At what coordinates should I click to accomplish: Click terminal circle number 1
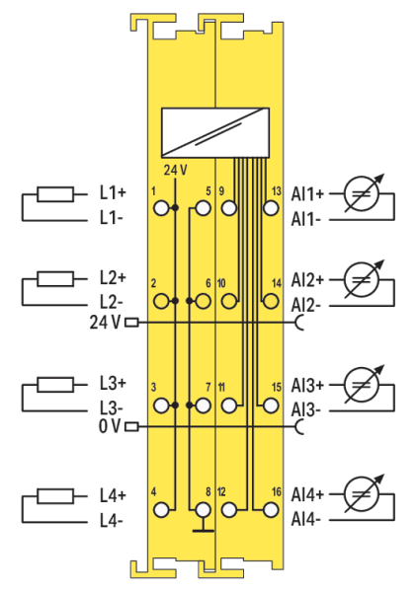click(x=161, y=208)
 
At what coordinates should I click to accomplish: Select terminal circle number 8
click(x=203, y=510)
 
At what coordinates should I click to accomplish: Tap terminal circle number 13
click(x=271, y=208)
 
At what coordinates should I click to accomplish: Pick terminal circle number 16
click(x=271, y=510)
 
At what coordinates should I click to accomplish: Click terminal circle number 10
click(x=228, y=301)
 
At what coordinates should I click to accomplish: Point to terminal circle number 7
click(x=203, y=406)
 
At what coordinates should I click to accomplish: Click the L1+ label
click(x=113, y=193)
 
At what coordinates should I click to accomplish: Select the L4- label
click(x=111, y=521)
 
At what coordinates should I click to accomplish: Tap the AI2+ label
click(x=307, y=280)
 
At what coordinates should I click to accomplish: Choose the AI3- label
click(x=305, y=410)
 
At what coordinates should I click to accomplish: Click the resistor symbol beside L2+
click(x=55, y=278)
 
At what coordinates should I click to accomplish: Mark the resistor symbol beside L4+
click(x=55, y=495)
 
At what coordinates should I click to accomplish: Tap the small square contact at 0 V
click(x=131, y=426)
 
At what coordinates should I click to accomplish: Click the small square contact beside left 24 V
click(x=131, y=323)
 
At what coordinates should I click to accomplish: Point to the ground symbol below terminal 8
click(x=203, y=526)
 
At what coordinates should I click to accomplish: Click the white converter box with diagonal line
click(x=215, y=132)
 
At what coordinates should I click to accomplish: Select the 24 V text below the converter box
click(x=175, y=171)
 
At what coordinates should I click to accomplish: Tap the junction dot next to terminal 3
click(x=175, y=406)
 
